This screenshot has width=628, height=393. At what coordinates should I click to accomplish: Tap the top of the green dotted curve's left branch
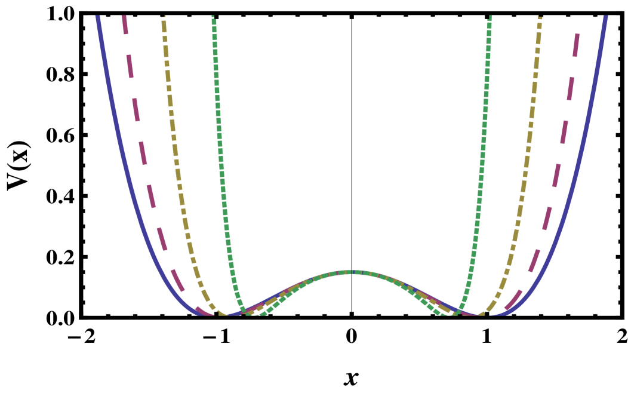[213, 17]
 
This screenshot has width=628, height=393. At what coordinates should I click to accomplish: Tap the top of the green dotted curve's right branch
[490, 17]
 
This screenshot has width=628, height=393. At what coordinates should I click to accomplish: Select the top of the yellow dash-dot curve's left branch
[164, 17]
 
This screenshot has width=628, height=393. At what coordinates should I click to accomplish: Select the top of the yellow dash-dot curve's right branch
[540, 17]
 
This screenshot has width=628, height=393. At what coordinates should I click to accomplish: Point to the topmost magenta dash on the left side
[125, 24]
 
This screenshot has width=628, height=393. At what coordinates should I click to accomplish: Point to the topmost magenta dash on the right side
[576, 45]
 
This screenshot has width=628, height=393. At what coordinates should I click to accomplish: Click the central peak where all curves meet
[353, 272]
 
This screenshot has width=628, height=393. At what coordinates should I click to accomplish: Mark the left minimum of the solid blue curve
[203, 314]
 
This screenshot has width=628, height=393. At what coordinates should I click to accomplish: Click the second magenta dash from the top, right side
[571, 88]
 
